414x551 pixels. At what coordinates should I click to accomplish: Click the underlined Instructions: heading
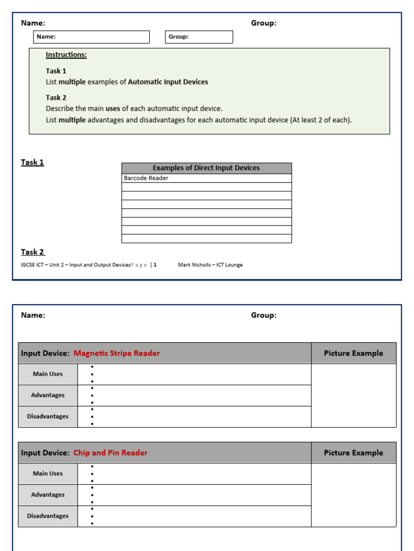(x=66, y=55)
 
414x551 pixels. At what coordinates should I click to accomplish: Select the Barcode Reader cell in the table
(x=146, y=178)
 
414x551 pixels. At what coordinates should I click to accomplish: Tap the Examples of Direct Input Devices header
(x=206, y=168)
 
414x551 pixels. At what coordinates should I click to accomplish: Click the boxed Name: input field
(x=91, y=37)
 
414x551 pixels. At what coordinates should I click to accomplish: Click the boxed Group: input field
(x=198, y=37)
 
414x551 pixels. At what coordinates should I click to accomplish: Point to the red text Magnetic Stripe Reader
(x=116, y=354)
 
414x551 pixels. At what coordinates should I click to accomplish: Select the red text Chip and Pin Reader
(x=110, y=453)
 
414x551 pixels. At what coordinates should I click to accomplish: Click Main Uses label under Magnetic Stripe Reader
(x=48, y=374)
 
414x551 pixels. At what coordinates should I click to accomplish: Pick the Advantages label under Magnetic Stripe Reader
(x=48, y=395)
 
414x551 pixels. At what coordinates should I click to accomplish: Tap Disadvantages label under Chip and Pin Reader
(x=48, y=516)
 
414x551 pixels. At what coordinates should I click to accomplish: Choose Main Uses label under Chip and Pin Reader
(x=48, y=474)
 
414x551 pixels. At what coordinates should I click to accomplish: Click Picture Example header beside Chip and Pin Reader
(x=353, y=453)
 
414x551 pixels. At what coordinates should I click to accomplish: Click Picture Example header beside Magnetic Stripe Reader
(x=353, y=354)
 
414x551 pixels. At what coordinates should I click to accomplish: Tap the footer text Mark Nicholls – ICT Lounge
(x=210, y=265)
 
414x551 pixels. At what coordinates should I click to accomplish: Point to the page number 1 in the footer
(x=155, y=265)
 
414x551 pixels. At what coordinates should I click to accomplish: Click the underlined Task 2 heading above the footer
(x=33, y=252)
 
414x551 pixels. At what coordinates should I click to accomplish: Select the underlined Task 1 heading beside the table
(x=32, y=162)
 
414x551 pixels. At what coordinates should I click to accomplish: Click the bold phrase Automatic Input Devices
(x=168, y=82)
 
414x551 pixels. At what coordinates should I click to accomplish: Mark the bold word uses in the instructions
(x=113, y=109)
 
